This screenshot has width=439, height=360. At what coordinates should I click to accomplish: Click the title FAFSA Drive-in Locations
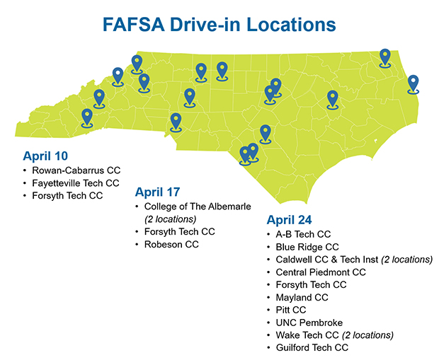click(219, 26)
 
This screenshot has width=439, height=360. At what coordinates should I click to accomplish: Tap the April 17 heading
click(157, 192)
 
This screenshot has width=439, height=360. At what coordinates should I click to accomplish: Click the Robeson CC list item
click(171, 244)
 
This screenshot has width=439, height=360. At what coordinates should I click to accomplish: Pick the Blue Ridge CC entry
click(307, 247)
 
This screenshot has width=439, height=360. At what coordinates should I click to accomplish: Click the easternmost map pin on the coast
click(414, 84)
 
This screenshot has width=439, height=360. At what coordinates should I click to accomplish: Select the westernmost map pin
click(87, 117)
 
